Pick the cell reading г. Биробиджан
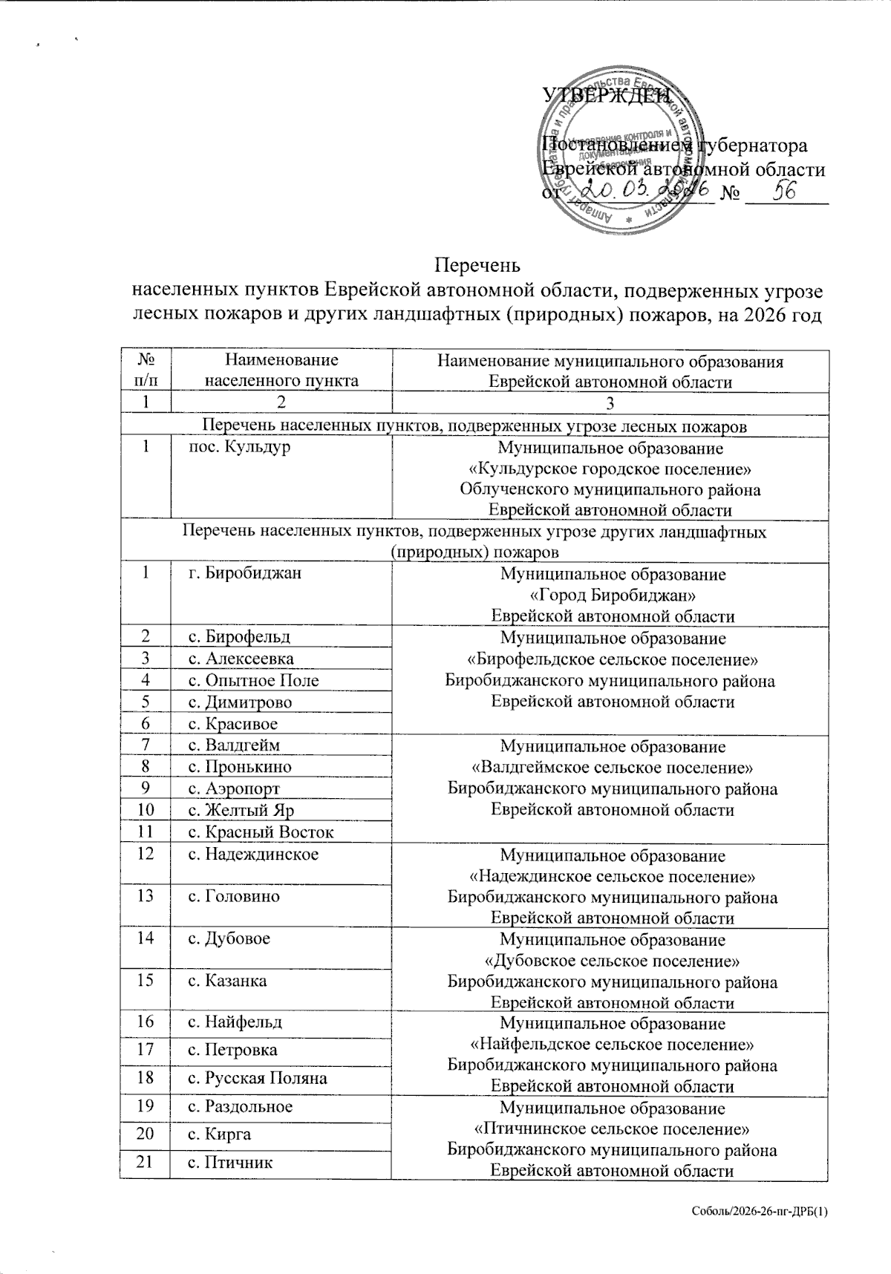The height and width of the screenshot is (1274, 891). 244,573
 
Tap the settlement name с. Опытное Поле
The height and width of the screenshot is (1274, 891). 252,680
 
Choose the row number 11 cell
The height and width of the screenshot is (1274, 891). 146,832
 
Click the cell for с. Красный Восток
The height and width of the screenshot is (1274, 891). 260,832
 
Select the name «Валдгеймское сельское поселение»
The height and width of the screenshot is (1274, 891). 613,767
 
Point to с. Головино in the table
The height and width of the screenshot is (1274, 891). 233,896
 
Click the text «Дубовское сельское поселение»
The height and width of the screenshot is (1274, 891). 613,961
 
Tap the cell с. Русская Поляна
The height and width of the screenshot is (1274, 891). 257,1078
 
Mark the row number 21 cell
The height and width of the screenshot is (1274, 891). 146,1162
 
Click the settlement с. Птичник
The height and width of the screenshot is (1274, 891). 229,1162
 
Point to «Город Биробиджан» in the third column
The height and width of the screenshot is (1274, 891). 613,595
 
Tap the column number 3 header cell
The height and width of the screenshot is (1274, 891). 610,403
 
